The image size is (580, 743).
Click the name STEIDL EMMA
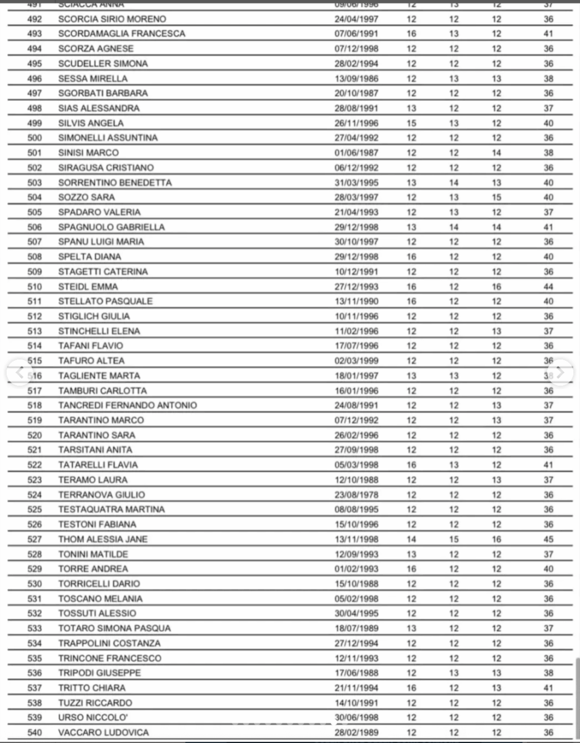coord(88,286)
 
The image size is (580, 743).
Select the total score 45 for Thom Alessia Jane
coord(548,539)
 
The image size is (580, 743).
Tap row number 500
coord(34,138)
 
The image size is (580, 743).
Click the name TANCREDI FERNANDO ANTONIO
coord(127,405)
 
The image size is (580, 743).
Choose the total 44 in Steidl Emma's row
coord(548,286)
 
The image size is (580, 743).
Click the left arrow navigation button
coord(20,372)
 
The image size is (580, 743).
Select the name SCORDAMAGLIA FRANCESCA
coord(122,33)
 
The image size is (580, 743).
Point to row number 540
coord(34,732)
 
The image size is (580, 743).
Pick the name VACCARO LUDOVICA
coord(103,732)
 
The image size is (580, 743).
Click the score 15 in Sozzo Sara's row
coord(496,197)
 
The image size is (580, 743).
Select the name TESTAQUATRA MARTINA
coord(111,509)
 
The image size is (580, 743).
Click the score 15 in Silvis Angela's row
coord(411,123)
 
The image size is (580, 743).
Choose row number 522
coord(34,465)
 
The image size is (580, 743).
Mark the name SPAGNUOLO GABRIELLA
coord(112,227)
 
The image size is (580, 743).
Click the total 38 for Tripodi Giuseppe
coord(548,673)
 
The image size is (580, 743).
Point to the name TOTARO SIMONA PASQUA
coord(115,628)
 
